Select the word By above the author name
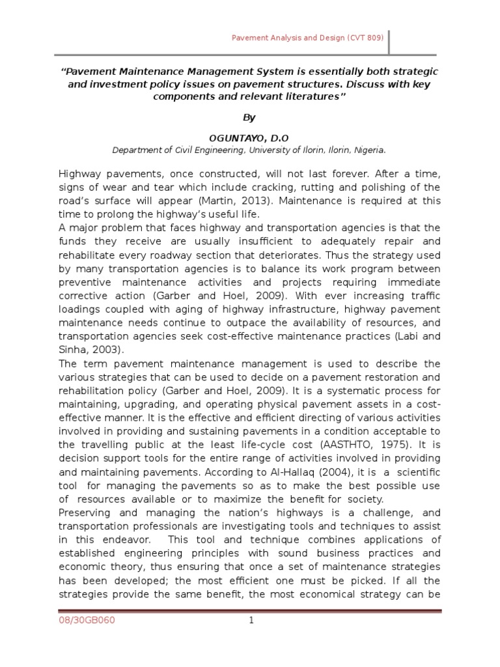(249, 117)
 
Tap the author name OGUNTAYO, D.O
(249, 138)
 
